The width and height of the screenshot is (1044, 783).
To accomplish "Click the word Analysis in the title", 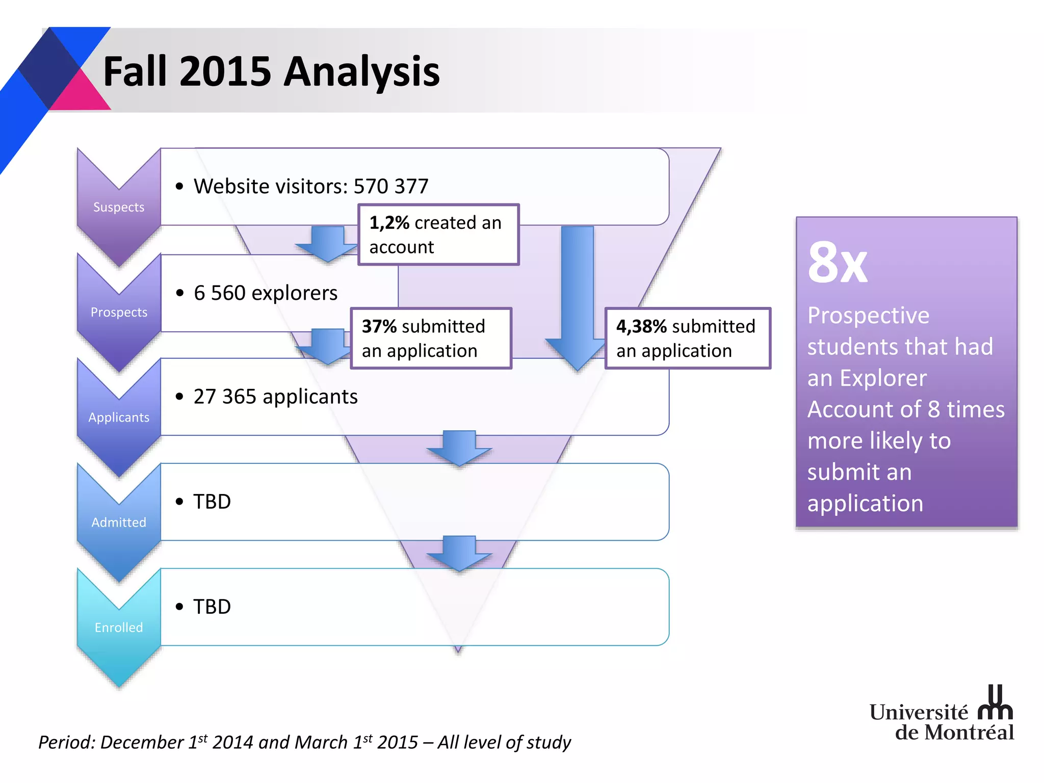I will coord(361,72).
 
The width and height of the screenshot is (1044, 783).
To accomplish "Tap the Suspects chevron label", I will coord(119,207).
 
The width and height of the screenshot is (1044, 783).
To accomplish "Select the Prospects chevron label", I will coord(119,312).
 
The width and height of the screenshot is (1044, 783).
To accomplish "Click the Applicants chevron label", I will coord(119,417).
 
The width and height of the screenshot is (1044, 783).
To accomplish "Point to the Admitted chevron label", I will coord(119,522).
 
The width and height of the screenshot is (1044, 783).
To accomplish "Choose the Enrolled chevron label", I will coord(119,627).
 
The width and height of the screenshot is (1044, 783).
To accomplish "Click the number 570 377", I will coord(391,186).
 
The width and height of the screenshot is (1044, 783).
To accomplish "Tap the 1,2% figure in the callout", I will coord(389,223).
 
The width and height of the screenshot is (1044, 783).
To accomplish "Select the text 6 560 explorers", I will coord(265,293).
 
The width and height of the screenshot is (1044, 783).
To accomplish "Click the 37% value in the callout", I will coord(379,326).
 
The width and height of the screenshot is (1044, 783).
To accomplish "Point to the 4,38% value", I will coord(641,326).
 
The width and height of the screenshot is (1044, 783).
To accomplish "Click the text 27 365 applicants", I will coord(275,397).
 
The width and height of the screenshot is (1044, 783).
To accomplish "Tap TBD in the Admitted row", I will coord(212,502).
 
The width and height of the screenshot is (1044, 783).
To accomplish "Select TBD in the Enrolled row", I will coord(212,607).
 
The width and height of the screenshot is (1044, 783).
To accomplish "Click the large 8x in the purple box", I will coord(837,263).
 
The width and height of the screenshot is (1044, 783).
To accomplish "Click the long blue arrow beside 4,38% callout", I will coord(577,296).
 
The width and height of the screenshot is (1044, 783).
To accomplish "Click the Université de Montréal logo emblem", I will coord(995,703).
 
